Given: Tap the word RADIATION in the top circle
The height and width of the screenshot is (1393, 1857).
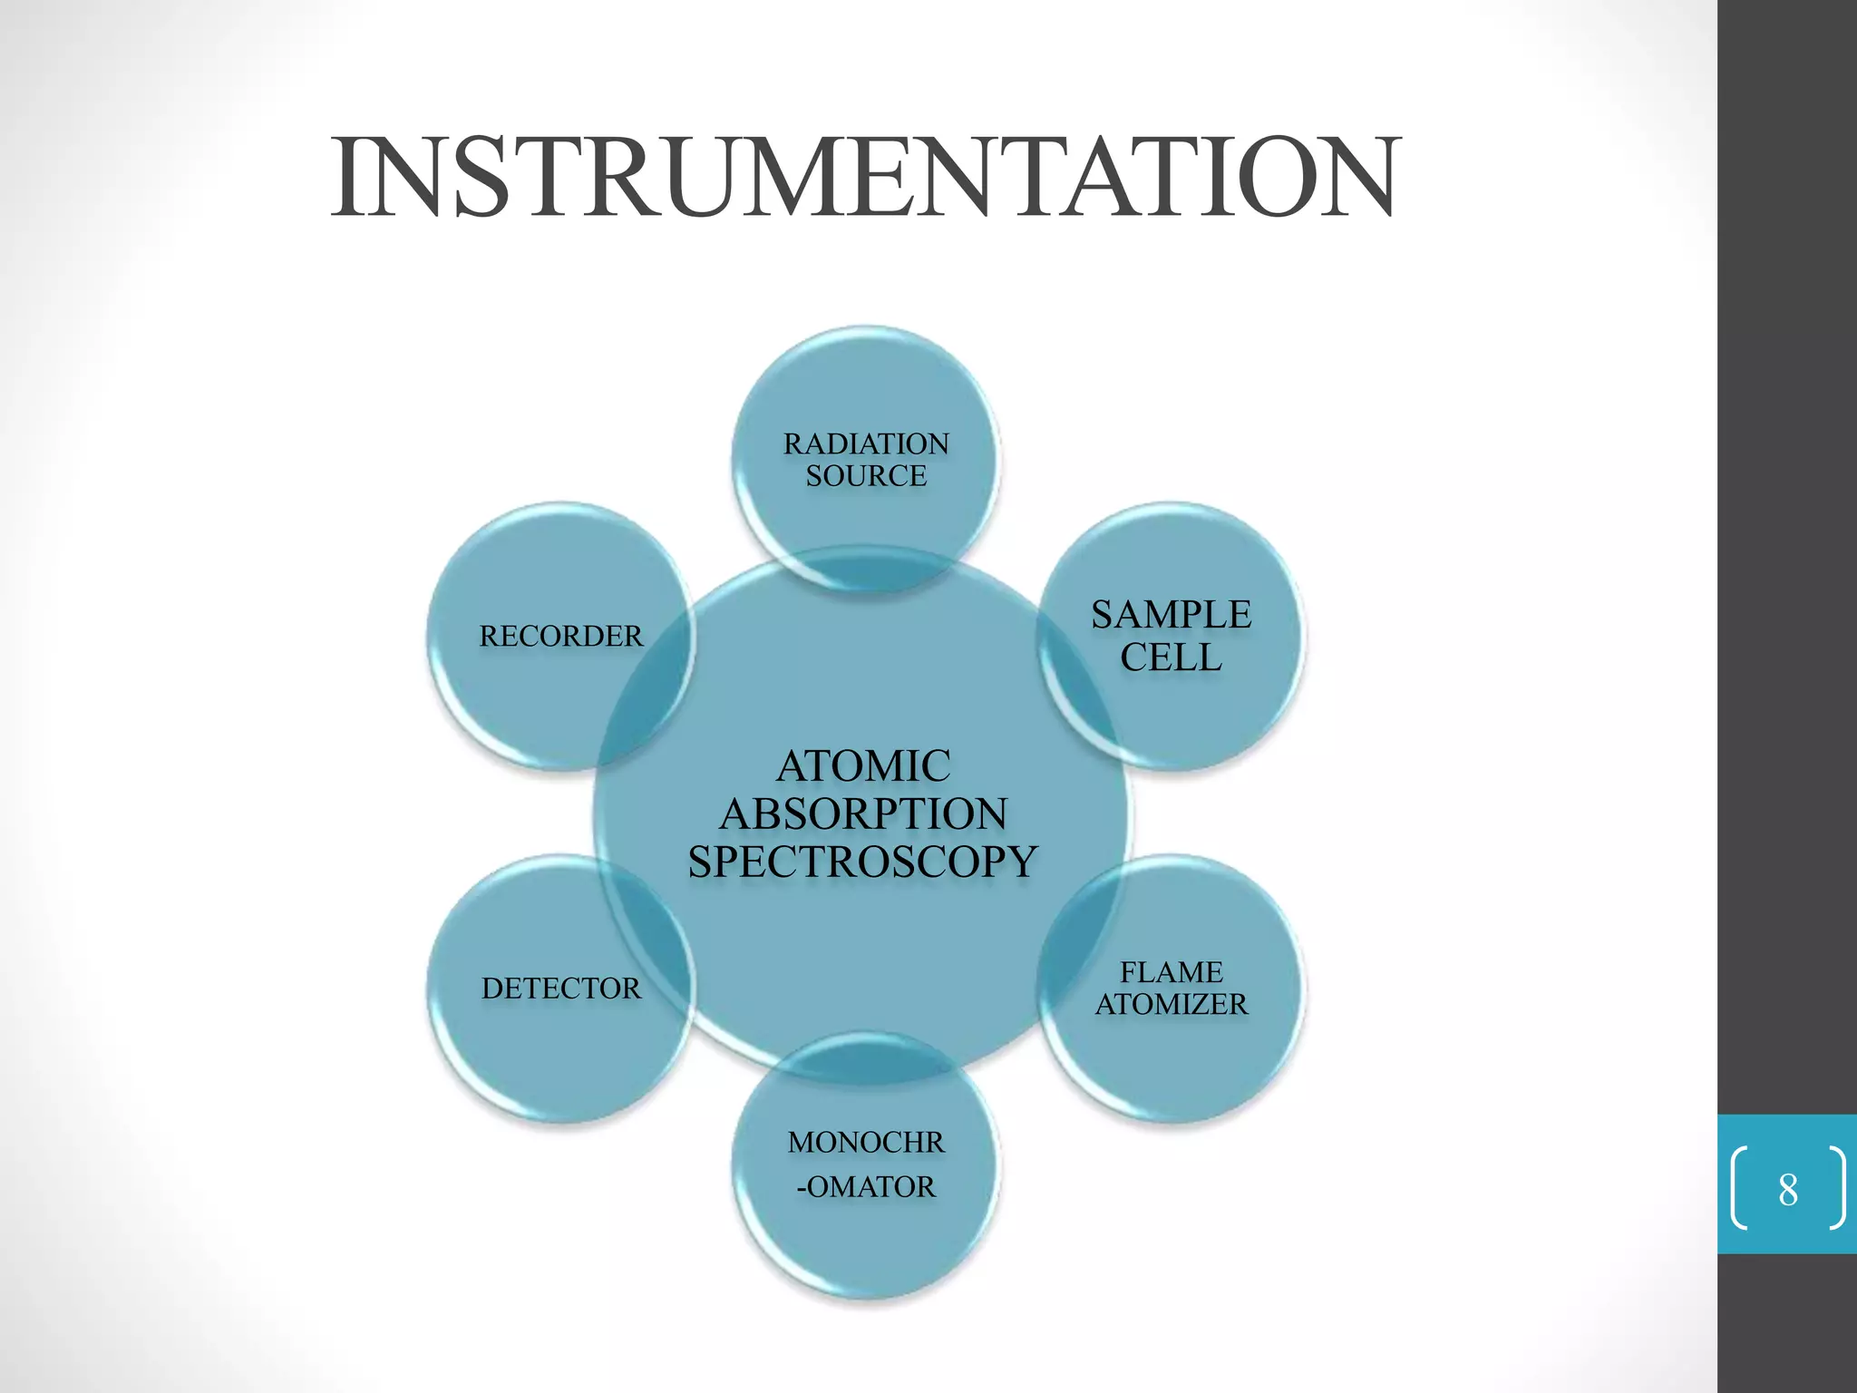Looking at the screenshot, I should (x=866, y=443).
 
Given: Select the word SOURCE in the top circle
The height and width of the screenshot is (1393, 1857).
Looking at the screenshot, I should (x=866, y=476).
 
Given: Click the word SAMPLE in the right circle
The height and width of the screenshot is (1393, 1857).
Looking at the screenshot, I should (x=1171, y=615).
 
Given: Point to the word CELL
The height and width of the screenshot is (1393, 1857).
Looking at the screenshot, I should (x=1171, y=658).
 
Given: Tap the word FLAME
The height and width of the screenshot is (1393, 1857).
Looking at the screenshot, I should (x=1171, y=972).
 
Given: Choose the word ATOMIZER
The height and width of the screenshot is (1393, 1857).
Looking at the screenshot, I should (x=1171, y=1005).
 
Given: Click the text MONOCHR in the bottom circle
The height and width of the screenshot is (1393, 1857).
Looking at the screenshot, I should (x=866, y=1143).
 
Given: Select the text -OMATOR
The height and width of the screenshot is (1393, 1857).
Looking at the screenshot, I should (x=866, y=1187).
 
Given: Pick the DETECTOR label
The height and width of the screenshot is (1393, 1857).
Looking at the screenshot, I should (x=561, y=989).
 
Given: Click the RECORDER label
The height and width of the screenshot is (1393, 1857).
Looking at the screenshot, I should (x=561, y=637).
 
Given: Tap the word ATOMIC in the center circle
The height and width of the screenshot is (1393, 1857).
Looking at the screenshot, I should (x=863, y=766).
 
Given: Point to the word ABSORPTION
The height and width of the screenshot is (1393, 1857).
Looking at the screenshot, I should (x=863, y=814).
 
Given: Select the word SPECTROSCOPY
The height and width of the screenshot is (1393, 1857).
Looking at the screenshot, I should (x=863, y=862).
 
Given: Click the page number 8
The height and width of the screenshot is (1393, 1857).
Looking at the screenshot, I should (x=1787, y=1190).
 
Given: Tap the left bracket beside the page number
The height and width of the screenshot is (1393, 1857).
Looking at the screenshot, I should (x=1738, y=1188).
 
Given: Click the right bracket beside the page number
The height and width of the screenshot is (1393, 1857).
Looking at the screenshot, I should (x=1837, y=1188).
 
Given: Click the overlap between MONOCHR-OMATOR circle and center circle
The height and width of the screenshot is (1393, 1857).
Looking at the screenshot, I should (x=866, y=1061).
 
